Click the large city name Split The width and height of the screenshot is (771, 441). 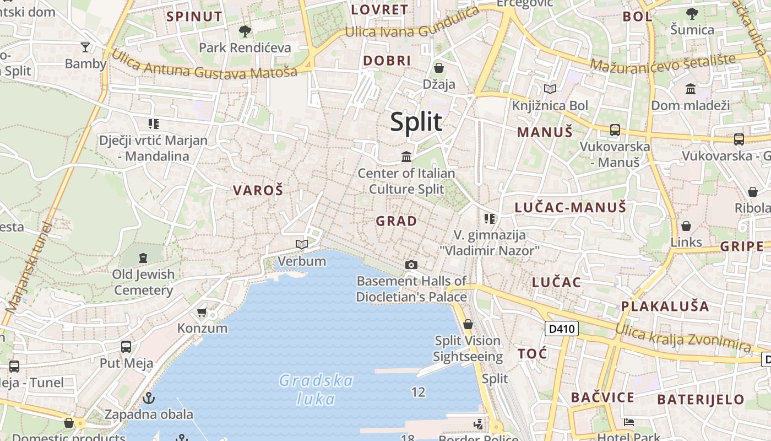click(416, 122)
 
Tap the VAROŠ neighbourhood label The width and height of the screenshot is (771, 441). click(258, 191)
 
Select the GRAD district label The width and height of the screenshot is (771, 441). click(396, 221)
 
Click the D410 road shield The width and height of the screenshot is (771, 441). click(562, 329)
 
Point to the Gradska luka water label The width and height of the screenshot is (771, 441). click(316, 389)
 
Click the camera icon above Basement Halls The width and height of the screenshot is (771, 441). click(411, 265)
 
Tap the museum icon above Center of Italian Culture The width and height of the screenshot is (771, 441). click(406, 157)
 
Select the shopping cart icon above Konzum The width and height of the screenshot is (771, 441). click(202, 312)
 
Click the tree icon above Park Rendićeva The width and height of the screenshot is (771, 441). click(245, 31)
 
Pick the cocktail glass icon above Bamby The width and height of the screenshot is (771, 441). click(85, 47)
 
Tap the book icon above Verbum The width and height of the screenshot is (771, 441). click(301, 244)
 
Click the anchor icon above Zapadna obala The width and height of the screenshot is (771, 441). click(148, 397)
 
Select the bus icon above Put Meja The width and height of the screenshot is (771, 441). click(126, 347)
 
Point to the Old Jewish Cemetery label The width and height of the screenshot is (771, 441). click(144, 282)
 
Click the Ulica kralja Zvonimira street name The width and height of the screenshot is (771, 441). click(683, 338)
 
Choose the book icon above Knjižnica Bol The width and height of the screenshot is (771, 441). click(550, 89)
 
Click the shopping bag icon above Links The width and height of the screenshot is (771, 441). click(686, 226)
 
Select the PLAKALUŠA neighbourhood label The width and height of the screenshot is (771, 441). click(665, 306)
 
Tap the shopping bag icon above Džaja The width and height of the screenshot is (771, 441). click(439, 68)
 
